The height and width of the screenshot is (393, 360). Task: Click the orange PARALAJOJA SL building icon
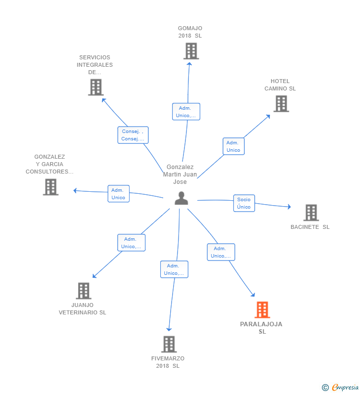tap(262, 310)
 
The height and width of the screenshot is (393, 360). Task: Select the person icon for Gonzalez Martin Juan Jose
tap(181, 198)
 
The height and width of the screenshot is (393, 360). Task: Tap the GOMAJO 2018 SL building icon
tap(191, 51)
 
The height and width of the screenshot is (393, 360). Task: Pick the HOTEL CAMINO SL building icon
tap(281, 104)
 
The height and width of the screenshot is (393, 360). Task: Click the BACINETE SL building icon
tap(311, 213)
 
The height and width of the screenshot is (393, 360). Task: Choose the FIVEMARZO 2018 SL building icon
tap(169, 344)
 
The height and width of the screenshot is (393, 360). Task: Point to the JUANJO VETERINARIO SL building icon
tap(84, 291)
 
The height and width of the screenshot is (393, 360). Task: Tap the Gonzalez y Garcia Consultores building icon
tap(50, 187)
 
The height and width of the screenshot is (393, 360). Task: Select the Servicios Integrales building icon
tap(95, 87)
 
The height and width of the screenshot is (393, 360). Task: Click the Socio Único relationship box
tap(244, 203)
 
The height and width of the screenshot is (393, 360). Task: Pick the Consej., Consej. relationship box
tap(133, 135)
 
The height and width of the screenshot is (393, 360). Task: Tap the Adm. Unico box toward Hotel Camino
tap(233, 146)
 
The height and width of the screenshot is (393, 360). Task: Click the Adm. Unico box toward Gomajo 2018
tap(186, 112)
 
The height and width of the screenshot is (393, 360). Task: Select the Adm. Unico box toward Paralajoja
tap(221, 252)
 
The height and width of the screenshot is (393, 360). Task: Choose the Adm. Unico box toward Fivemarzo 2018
tap(174, 269)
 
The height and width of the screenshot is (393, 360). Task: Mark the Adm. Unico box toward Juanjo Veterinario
tap(131, 243)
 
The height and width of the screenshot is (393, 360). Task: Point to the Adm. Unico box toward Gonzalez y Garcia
tap(118, 194)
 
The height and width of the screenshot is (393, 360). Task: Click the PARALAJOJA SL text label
tap(262, 328)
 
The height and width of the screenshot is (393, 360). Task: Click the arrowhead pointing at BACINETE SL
tap(289, 207)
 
